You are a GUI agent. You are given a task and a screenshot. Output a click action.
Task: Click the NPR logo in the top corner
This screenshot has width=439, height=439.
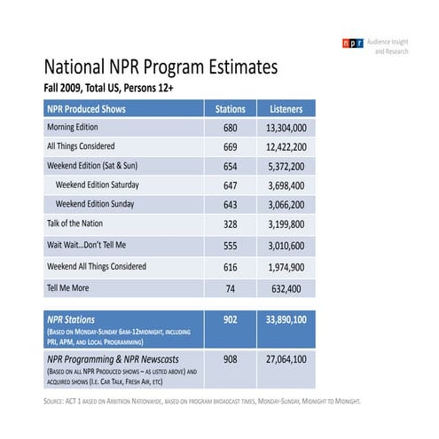[352, 43]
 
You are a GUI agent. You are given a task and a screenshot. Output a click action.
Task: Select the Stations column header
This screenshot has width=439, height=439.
[231, 109]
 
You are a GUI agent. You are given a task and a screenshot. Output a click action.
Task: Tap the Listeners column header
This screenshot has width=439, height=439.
[286, 109]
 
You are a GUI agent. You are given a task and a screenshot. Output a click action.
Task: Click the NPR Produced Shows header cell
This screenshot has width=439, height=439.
[86, 109]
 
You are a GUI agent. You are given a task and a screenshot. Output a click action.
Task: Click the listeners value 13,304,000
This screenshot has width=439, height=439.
[286, 129]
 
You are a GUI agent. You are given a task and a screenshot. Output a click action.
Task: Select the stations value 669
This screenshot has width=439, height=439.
[231, 147]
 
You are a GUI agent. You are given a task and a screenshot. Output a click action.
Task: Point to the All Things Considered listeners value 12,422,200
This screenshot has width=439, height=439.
[286, 147]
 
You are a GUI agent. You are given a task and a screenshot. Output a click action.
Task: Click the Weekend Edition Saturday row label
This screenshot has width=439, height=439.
[108, 184]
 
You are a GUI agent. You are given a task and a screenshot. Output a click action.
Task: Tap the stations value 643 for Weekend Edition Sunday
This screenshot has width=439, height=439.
[231, 204]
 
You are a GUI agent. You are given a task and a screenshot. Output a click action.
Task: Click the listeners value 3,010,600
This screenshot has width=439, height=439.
[286, 245]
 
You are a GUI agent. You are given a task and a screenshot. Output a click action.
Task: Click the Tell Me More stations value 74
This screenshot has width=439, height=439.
[231, 287]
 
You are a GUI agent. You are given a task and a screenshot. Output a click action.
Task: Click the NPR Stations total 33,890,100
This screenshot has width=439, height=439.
[286, 317]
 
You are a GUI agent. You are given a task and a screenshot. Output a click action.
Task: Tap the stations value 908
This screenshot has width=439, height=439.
[231, 359]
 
